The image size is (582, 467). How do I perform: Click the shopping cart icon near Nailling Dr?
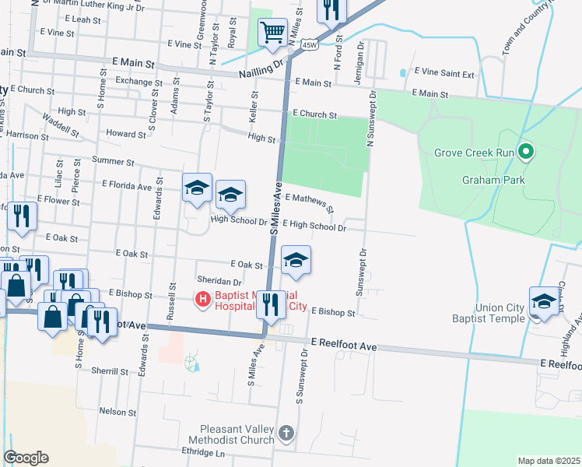tap(272, 33)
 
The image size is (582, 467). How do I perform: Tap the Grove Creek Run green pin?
tap(526, 152)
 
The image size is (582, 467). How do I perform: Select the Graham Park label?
tap(493, 181)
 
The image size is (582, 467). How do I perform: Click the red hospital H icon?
tap(202, 298)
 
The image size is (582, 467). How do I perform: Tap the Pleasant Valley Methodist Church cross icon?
tap(287, 433)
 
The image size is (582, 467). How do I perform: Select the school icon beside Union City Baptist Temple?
tap(544, 302)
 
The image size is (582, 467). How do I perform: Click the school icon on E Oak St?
tap(296, 261)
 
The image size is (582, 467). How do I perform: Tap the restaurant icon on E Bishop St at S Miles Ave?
tap(271, 305)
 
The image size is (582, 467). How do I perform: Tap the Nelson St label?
tap(118, 411)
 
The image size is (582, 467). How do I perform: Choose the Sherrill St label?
tap(109, 371)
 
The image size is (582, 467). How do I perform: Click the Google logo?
tap(26, 458)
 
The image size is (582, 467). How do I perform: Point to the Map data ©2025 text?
tap(548, 461)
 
